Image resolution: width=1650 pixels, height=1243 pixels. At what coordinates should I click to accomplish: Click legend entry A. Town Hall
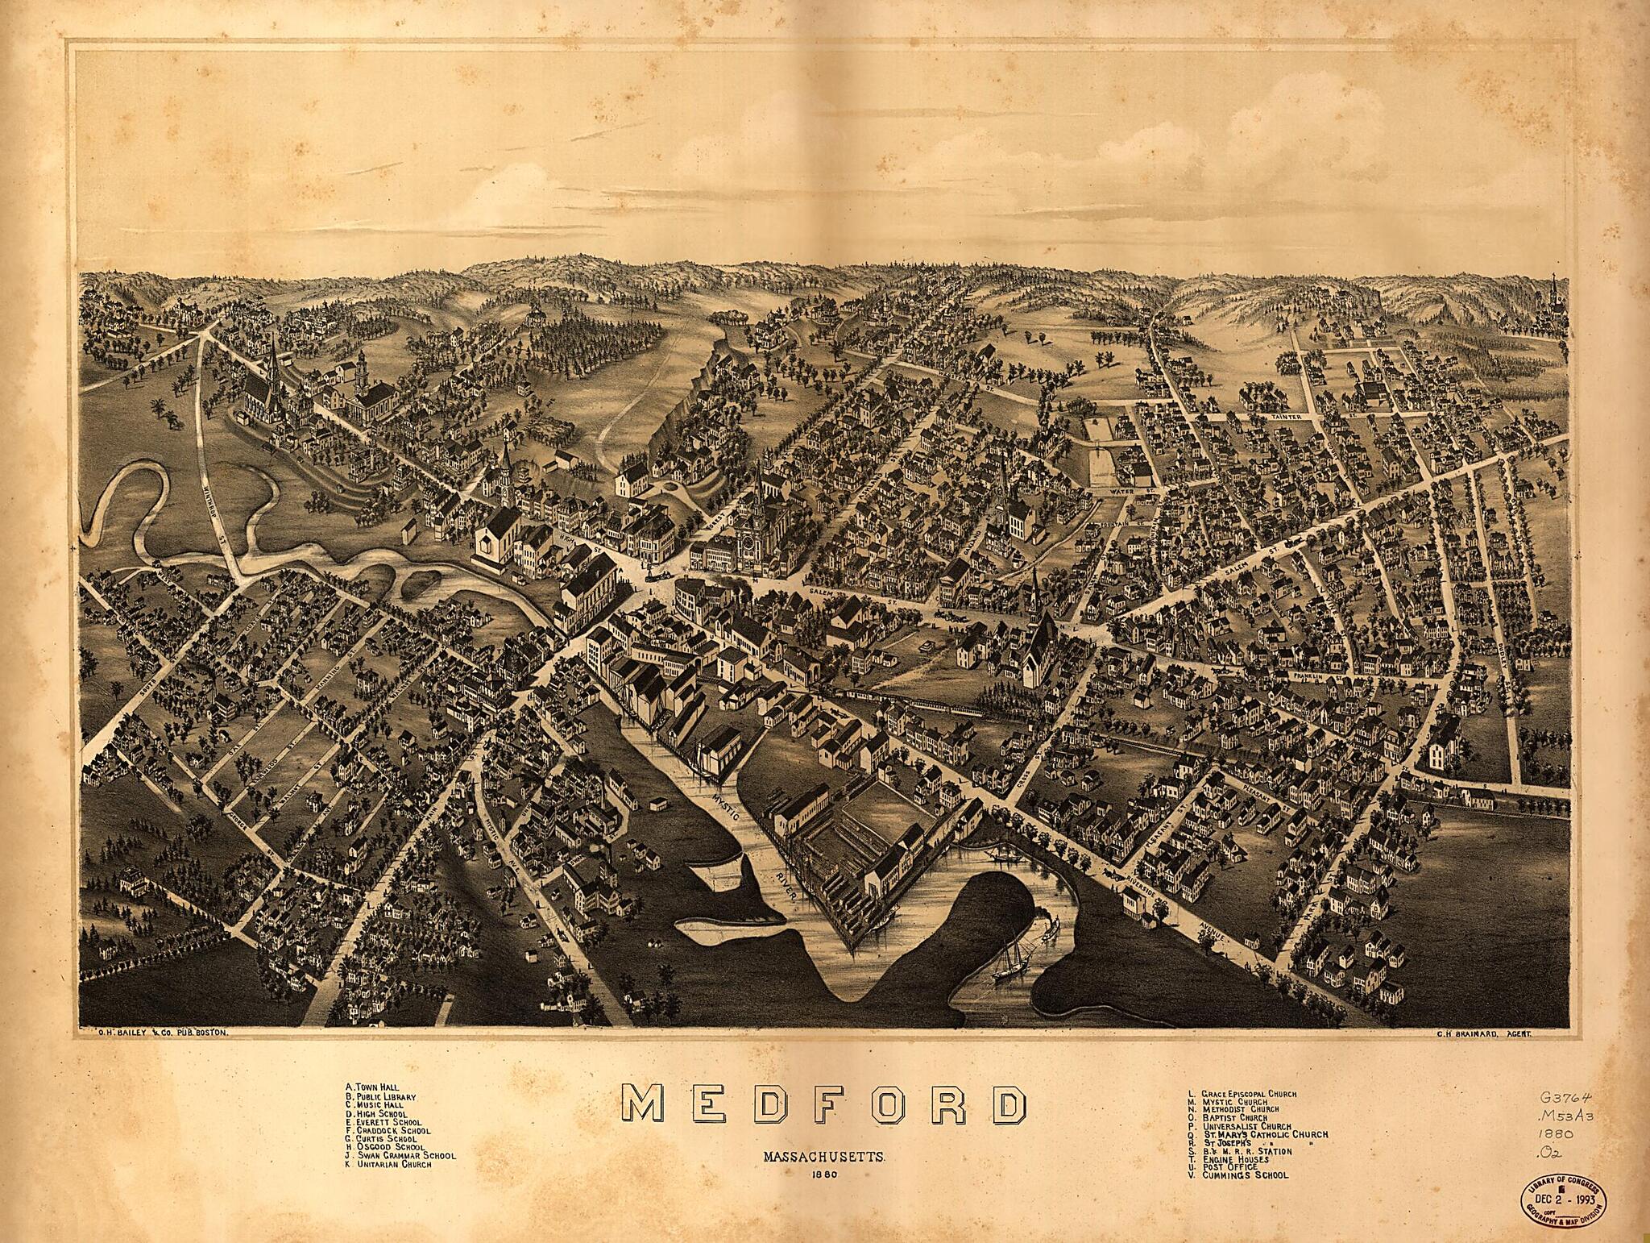371,1087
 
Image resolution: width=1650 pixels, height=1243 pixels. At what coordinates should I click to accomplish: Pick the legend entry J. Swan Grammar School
400,1155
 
